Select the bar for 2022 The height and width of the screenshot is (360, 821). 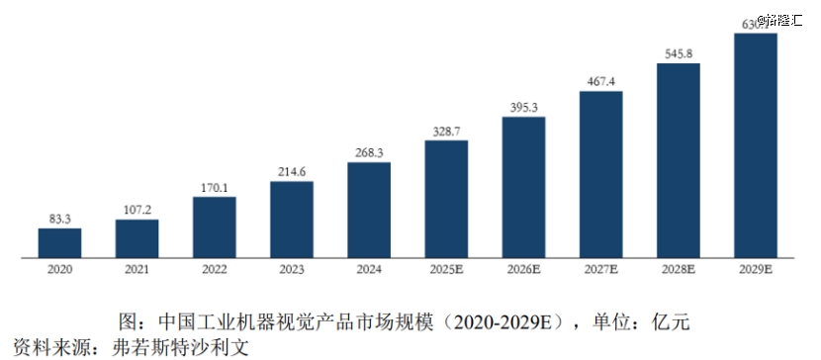coord(214,227)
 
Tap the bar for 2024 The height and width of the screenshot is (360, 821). coord(369,210)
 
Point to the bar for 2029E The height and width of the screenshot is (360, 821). coord(756,145)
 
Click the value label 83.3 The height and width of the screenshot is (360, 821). coord(59,219)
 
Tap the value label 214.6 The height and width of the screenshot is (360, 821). coord(292,171)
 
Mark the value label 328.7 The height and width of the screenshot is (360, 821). coord(446,131)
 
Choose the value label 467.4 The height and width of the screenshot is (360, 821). coord(600,81)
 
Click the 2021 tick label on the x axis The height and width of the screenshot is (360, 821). coord(137,268)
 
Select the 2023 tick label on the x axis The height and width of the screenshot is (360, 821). coord(292,268)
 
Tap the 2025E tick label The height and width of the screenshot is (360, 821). coord(446,268)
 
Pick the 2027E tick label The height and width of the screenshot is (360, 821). coord(600,268)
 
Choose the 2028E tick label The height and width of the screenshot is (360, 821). coord(678,268)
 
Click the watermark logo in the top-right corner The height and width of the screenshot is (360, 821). coord(781,19)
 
